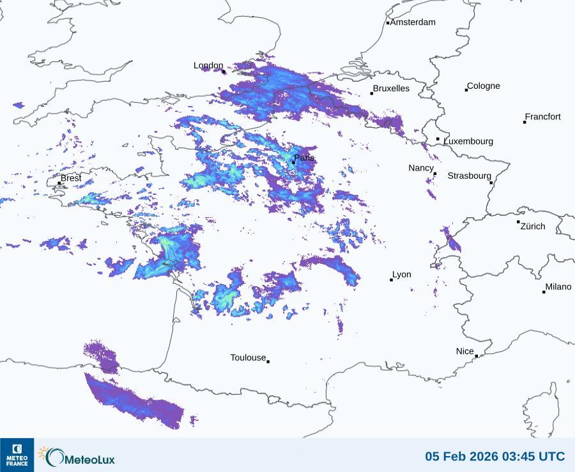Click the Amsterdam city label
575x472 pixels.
(413, 22)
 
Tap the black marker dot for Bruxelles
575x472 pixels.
(372, 93)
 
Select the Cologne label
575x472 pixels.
(484, 86)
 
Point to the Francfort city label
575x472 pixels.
(542, 117)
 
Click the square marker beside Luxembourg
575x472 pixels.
(438, 139)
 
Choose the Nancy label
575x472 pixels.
(421, 168)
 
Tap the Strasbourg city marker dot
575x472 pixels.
(491, 183)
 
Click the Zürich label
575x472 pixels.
(533, 227)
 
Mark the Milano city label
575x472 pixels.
(558, 287)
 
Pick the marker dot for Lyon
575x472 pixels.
(392, 280)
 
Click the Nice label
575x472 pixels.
(464, 352)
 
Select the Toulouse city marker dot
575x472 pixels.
(268, 362)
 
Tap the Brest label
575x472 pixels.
(71, 178)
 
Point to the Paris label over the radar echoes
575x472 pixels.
(304, 158)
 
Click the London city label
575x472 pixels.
(208, 66)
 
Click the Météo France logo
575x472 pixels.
(17, 455)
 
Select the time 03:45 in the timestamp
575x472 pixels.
(518, 457)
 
